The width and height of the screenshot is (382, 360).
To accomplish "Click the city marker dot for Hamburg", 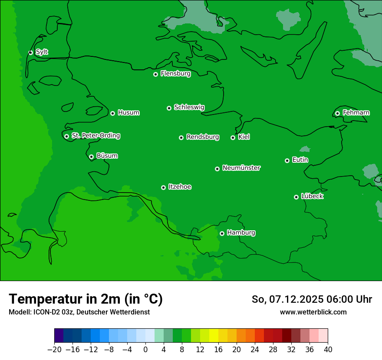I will click(x=222, y=233).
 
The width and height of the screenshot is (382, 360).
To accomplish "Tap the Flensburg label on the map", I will click(x=175, y=74).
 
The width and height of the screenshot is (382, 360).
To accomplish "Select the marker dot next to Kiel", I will click(x=233, y=137).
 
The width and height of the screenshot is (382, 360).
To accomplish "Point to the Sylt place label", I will click(x=42, y=52).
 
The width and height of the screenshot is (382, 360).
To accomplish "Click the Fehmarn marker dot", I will click(x=337, y=113).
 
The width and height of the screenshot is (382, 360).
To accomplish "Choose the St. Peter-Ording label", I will click(x=95, y=136).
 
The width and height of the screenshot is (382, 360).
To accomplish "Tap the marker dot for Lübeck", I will click(x=296, y=197).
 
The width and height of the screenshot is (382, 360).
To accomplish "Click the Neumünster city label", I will click(x=241, y=168).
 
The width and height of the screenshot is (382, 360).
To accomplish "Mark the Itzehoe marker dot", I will click(x=163, y=187).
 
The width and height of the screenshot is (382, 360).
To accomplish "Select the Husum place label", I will click(x=128, y=113).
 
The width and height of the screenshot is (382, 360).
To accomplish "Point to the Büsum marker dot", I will click(x=91, y=157).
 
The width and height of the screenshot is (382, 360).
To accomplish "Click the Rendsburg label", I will click(x=203, y=137).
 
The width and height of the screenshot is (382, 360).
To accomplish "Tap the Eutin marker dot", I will click(x=287, y=160).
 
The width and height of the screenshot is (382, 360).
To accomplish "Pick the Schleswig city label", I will click(x=189, y=107).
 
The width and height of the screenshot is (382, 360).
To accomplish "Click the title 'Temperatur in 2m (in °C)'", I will click(x=86, y=299).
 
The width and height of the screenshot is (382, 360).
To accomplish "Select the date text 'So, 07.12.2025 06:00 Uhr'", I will click(x=312, y=299).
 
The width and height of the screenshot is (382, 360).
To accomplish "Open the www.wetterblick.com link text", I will click(x=313, y=312).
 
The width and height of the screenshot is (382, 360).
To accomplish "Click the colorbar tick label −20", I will click(x=54, y=350).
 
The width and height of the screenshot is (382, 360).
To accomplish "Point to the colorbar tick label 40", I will click(x=328, y=350).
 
